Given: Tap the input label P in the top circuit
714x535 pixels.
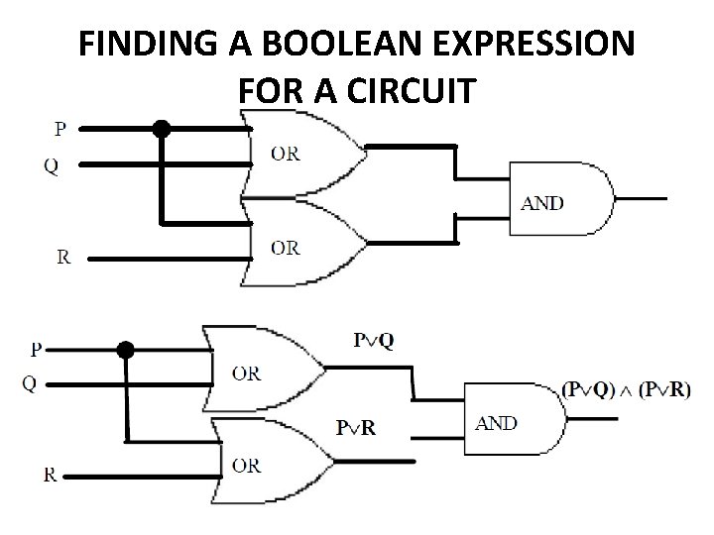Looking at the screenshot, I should (x=61, y=128).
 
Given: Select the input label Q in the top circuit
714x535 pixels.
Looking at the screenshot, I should (x=51, y=166).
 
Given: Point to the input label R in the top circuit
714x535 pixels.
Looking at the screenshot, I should (x=63, y=257).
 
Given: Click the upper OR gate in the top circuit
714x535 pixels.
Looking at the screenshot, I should (x=297, y=154).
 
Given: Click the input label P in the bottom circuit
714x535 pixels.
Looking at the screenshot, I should (x=37, y=349).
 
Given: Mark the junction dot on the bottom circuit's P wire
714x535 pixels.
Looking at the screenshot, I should (x=125, y=349).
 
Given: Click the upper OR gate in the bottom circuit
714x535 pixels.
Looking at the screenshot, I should (x=258, y=372).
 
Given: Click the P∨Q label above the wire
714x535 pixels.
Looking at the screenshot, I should (x=373, y=341).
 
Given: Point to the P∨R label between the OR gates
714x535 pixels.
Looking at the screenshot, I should (x=355, y=428).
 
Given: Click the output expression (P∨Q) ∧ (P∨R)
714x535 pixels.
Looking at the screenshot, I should (x=626, y=389).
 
